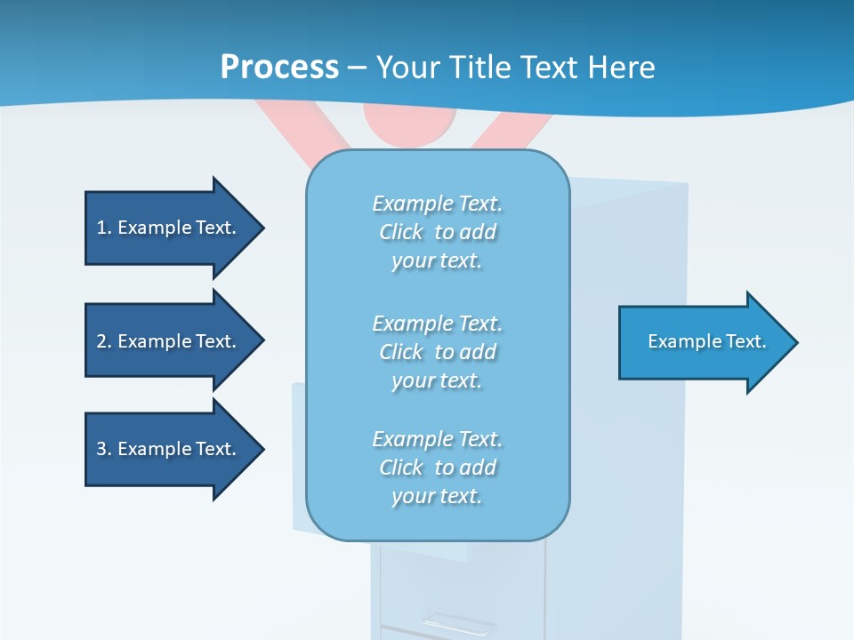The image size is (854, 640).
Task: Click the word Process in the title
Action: [x=279, y=67]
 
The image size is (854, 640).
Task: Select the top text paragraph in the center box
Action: [x=438, y=232]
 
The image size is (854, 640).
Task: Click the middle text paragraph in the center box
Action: [x=438, y=352]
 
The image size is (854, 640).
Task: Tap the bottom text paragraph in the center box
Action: [x=438, y=468]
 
